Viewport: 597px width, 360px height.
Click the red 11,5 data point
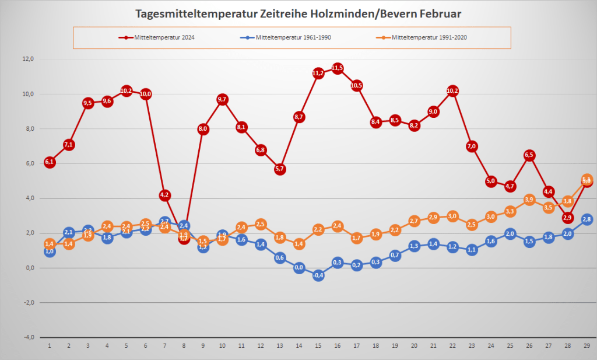337,68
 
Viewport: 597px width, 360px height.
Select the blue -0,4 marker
318,275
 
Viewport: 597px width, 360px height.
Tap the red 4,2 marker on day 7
164,195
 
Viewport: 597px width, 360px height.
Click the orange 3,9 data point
529,200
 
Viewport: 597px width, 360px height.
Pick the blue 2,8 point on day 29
587,219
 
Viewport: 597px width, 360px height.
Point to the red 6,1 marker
50,162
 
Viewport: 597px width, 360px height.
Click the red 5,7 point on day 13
280,169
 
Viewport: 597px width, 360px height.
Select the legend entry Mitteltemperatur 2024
157,38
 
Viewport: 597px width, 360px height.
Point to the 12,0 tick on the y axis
28,59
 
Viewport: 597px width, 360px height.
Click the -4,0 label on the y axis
28,337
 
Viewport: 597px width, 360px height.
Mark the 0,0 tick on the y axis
29,268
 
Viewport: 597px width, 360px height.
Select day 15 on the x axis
318,345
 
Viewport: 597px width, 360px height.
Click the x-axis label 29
587,345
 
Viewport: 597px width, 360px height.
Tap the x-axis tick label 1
50,345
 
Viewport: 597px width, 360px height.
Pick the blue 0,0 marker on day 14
299,268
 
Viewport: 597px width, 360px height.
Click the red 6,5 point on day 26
529,155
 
